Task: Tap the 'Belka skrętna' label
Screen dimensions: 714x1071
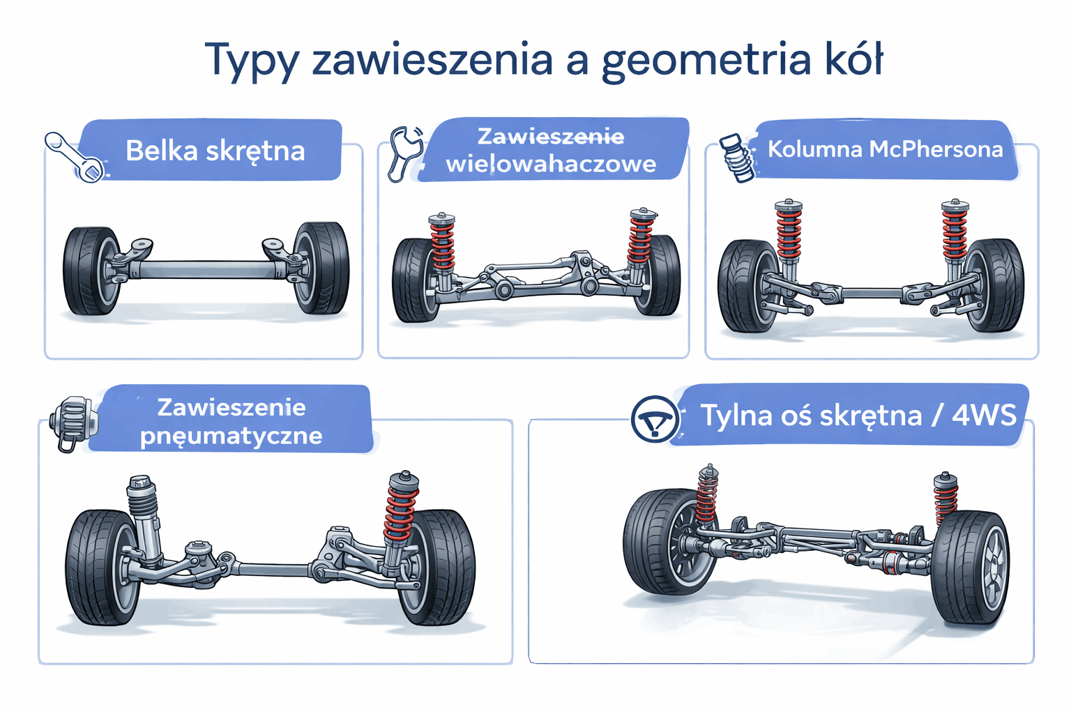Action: pyautogui.click(x=215, y=151)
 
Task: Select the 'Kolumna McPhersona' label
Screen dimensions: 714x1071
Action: pyautogui.click(x=885, y=149)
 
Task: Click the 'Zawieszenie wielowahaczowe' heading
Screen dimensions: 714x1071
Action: pyautogui.click(x=551, y=150)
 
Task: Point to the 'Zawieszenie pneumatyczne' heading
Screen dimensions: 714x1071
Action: pyautogui.click(x=231, y=421)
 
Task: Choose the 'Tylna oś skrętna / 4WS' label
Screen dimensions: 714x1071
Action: pyautogui.click(x=858, y=416)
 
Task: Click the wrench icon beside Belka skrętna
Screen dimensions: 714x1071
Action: pyautogui.click(x=73, y=157)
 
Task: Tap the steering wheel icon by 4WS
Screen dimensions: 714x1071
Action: pyautogui.click(x=653, y=418)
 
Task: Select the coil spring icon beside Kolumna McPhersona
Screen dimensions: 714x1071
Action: pyautogui.click(x=737, y=158)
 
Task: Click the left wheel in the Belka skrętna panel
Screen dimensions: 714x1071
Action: pyautogui.click(x=91, y=271)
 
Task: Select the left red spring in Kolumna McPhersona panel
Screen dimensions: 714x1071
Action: pyautogui.click(x=789, y=233)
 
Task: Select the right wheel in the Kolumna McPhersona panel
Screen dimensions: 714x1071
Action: pyautogui.click(x=995, y=285)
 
